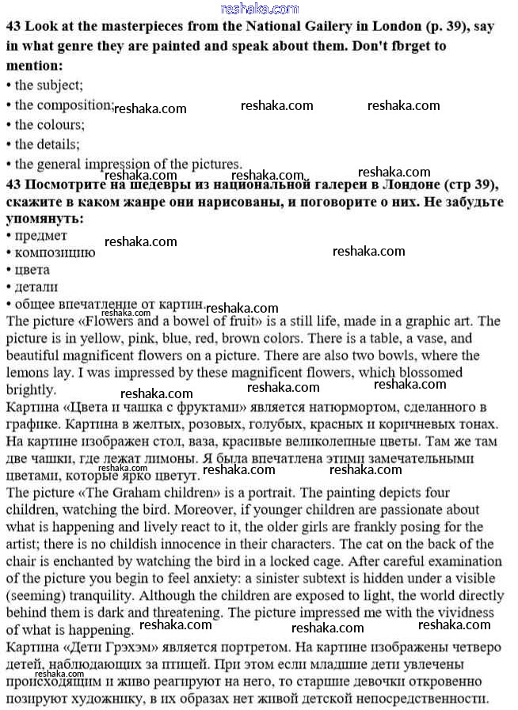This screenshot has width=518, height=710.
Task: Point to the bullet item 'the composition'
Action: click(x=64, y=105)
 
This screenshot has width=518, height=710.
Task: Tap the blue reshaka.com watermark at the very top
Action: click(x=259, y=9)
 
